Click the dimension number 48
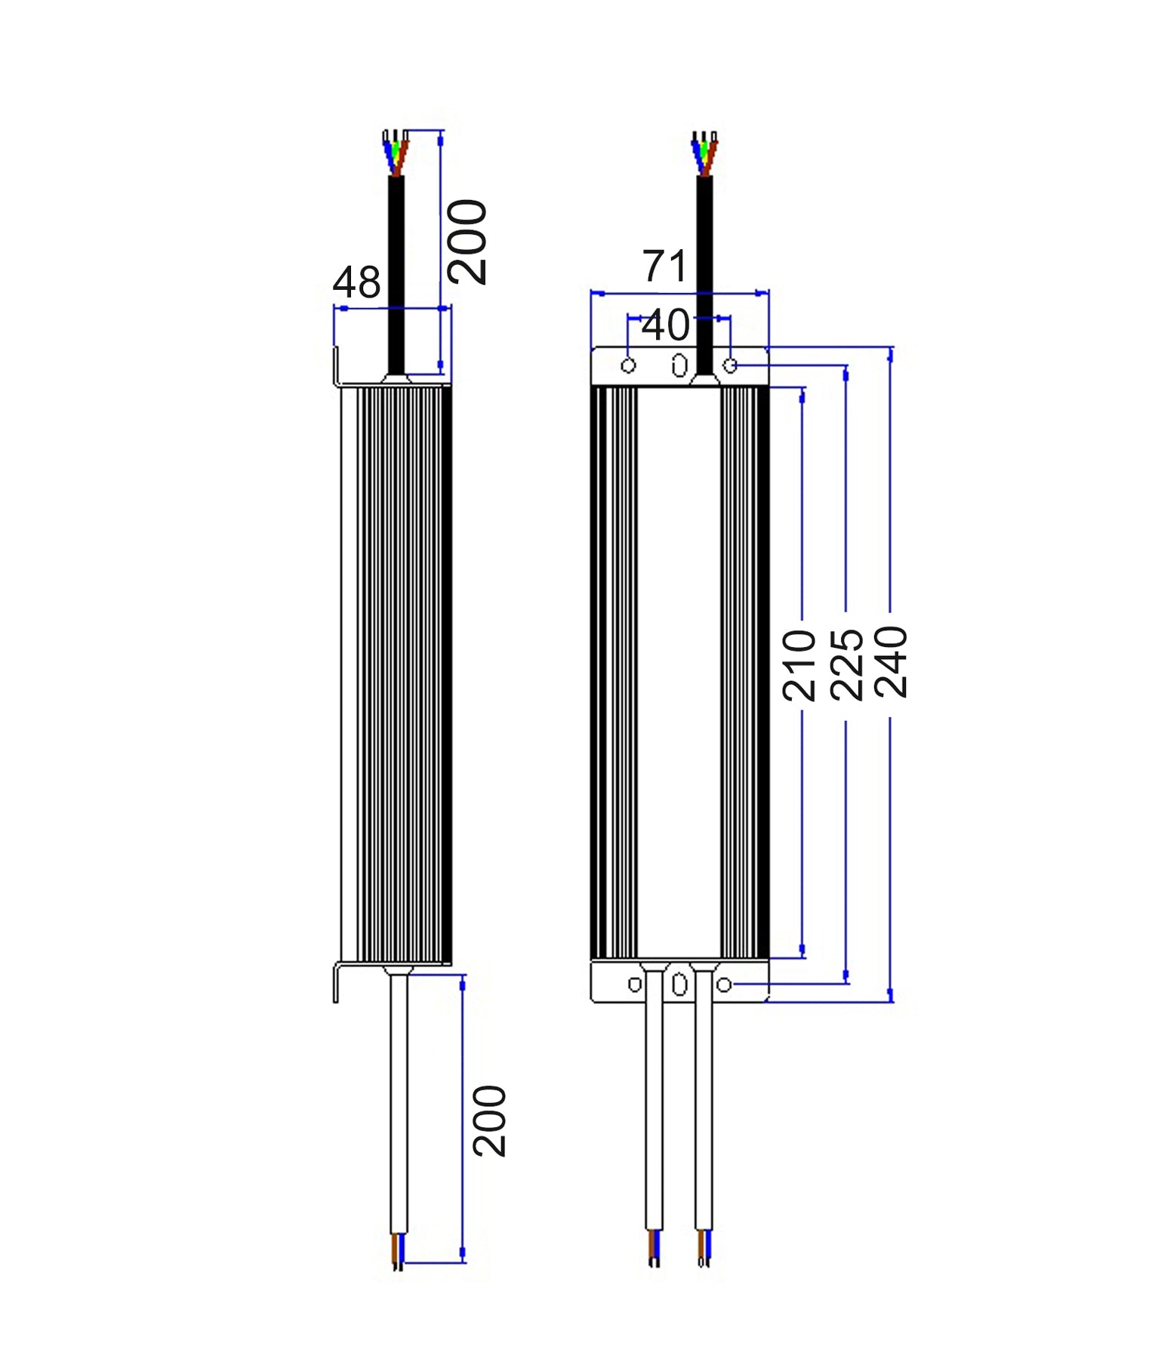coord(356,283)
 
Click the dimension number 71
coord(664,267)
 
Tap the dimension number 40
coord(665,325)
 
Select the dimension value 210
coord(799,665)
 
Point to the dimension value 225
coord(845,664)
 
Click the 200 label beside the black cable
coord(467,242)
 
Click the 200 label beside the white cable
coord(489,1121)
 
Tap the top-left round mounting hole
coord(628,366)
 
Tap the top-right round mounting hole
coord(730,365)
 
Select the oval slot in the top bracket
coord(679,365)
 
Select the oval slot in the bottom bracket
coord(679,985)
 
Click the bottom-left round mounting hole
coord(635,985)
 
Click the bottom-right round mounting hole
coord(724,985)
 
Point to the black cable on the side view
coord(396,272)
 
